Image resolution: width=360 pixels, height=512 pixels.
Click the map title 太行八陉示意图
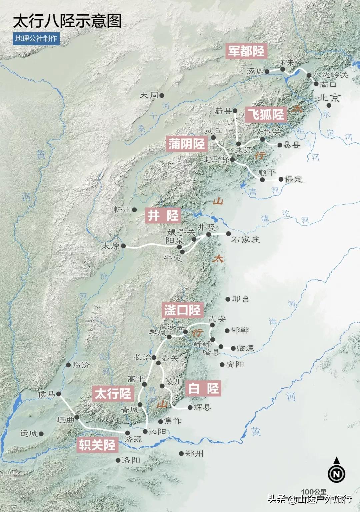click(x=67, y=21)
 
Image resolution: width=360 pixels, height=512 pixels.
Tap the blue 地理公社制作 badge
click(x=36, y=38)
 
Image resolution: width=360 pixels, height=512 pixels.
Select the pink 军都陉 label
click(x=246, y=51)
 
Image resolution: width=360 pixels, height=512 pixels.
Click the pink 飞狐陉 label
click(x=266, y=114)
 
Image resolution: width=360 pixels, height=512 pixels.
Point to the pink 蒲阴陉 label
click(x=187, y=144)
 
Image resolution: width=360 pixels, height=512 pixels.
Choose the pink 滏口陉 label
click(x=182, y=310)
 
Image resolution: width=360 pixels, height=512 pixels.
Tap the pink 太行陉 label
click(x=113, y=394)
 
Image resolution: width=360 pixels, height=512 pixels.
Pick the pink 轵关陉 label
click(x=97, y=445)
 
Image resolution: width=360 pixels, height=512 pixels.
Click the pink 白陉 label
click(x=203, y=388)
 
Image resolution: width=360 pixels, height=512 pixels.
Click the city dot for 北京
click(x=329, y=105)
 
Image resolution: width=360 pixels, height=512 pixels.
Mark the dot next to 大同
click(x=162, y=95)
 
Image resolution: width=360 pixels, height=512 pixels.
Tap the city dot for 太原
click(x=123, y=246)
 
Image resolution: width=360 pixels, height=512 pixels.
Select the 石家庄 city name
click(x=245, y=239)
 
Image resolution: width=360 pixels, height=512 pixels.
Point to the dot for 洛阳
click(x=118, y=460)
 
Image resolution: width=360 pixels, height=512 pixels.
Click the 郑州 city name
click(x=194, y=453)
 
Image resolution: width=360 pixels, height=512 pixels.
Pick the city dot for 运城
click(x=41, y=434)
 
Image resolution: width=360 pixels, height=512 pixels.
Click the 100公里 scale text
click(x=314, y=492)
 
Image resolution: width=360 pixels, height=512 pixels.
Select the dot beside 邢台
click(x=228, y=299)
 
